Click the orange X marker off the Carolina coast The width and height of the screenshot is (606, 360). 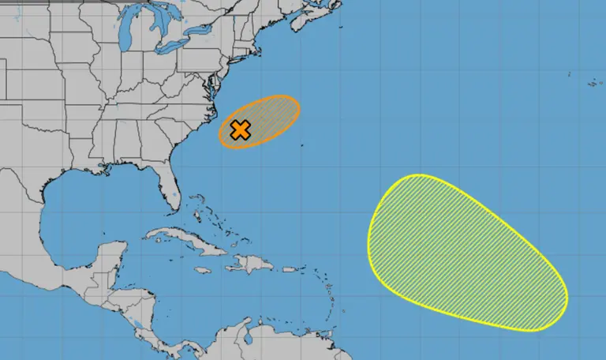240,130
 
